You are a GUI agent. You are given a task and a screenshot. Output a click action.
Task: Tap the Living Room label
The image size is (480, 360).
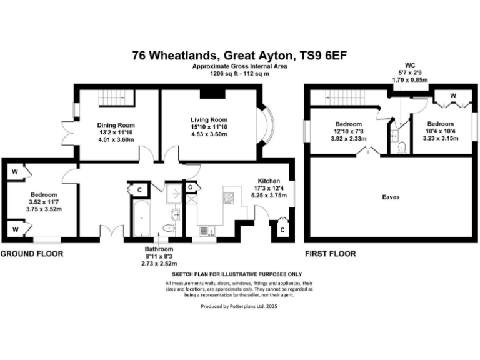point(209,119)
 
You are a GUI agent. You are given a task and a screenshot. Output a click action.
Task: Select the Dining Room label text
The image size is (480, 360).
point(113,124)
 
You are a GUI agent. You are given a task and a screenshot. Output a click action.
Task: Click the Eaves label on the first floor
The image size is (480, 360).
point(391,197)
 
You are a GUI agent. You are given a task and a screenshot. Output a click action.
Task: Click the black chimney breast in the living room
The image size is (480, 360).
point(212,93)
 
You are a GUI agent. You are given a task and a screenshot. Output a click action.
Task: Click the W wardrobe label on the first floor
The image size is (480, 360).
point(452,96)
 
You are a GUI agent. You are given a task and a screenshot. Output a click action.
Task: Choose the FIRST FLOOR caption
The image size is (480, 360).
point(330,254)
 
